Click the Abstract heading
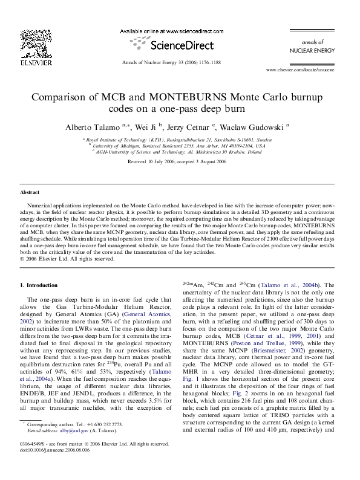pos(30,192)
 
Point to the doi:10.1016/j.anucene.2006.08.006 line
pos(63,466)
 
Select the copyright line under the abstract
pos(67,259)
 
